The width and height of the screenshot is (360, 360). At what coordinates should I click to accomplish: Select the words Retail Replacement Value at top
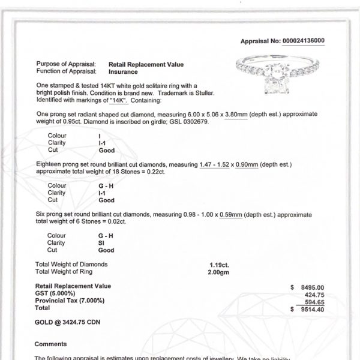click(x=146, y=64)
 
